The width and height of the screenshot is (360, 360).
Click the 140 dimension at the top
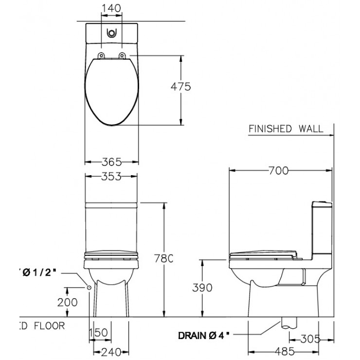(111, 8)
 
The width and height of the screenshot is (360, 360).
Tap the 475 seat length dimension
(180, 87)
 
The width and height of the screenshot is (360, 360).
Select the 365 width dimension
(111, 162)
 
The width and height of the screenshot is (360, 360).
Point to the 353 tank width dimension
(111, 177)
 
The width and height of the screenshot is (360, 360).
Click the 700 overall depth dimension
(278, 170)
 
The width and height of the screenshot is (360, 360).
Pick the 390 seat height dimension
(202, 288)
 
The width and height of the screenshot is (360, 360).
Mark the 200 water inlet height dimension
(68, 302)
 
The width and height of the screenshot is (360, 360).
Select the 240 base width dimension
(111, 352)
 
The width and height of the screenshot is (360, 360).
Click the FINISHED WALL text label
(286, 129)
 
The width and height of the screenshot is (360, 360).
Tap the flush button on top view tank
(111, 34)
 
